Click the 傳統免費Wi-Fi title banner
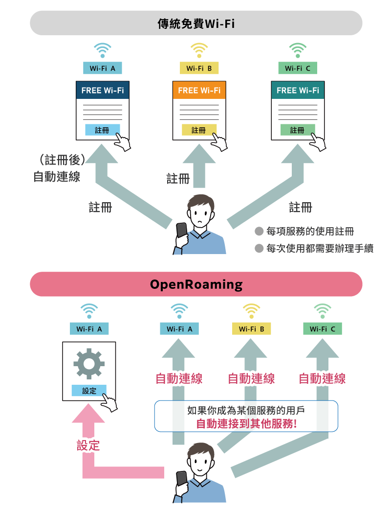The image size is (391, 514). (196, 23)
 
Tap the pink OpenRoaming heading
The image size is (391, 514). (196, 284)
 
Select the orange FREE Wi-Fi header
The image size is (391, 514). (199, 91)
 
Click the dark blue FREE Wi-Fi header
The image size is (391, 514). (103, 91)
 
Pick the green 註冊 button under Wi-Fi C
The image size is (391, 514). (297, 130)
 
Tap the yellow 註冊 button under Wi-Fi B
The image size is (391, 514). (198, 130)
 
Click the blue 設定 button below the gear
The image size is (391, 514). (89, 391)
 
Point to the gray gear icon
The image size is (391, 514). (89, 363)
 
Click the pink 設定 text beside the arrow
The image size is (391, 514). (88, 445)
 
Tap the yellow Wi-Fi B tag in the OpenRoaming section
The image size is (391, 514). (251, 329)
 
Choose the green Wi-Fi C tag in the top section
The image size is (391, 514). (298, 69)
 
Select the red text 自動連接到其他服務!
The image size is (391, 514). (246, 424)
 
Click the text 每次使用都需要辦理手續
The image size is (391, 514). (320, 249)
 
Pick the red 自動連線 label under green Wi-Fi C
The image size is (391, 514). (322, 378)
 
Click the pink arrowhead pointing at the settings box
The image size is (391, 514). (88, 414)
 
